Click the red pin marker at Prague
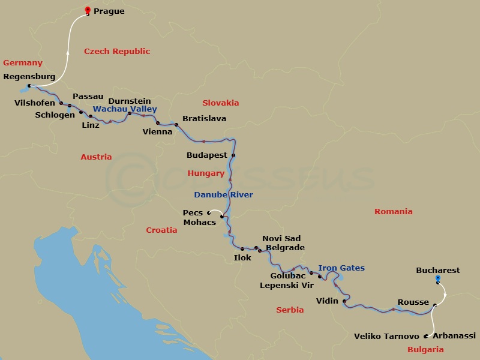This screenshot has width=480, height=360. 88,10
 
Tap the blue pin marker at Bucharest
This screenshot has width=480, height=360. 437,279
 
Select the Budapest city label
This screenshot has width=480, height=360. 208,155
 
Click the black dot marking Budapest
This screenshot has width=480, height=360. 233,155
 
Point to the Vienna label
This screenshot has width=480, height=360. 157,132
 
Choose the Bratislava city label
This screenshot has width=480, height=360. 204,119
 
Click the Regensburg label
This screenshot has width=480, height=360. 29,77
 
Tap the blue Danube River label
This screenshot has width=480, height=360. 223,195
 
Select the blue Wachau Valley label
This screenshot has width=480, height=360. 125,109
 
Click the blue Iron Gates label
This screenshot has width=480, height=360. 341,268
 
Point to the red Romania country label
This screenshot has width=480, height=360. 394,212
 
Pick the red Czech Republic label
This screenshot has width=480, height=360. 117,52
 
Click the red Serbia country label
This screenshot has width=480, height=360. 290,310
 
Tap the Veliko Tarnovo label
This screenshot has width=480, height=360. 386,337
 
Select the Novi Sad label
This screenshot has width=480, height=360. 281,239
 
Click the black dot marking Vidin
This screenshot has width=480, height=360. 344,301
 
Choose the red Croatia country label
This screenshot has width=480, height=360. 162,230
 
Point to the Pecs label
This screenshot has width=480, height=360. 193,212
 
